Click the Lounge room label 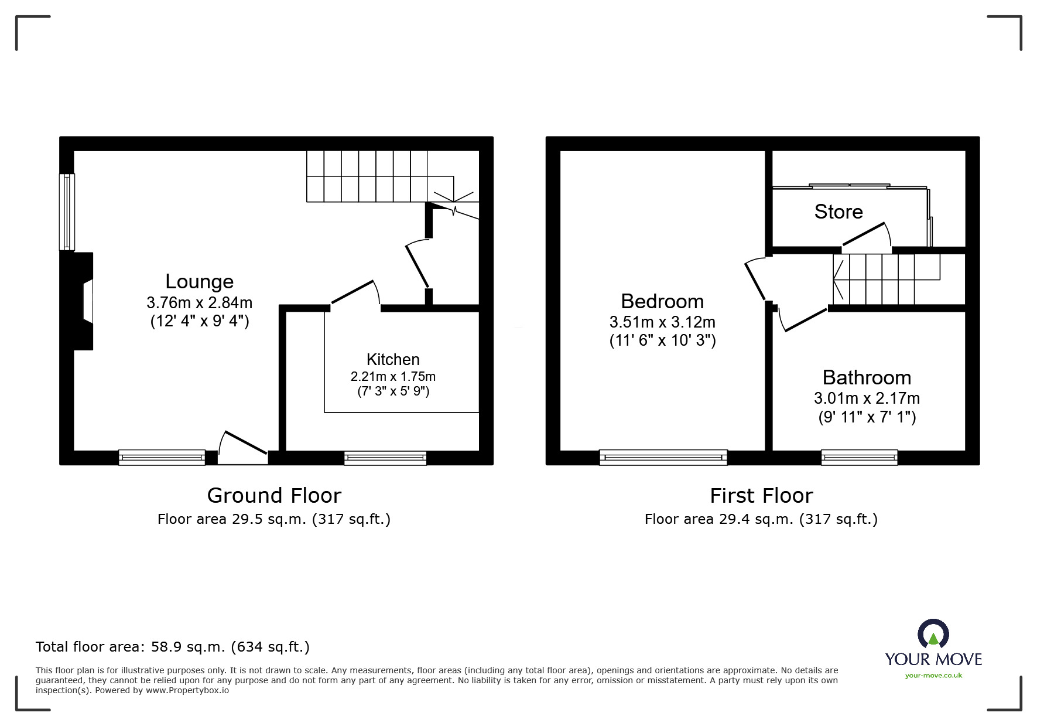click(x=199, y=282)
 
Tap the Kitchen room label click(x=393, y=359)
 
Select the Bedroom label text click(x=662, y=301)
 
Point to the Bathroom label click(x=867, y=377)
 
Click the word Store click(x=839, y=212)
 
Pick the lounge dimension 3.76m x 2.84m click(x=199, y=302)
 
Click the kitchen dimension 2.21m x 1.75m click(x=393, y=376)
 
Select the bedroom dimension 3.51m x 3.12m click(x=662, y=322)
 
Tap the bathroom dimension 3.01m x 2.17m click(x=867, y=398)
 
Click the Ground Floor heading click(x=274, y=496)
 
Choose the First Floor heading click(x=761, y=496)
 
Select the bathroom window click(x=859, y=457)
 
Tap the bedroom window click(x=663, y=457)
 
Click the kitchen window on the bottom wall click(x=385, y=458)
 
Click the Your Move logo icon click(x=933, y=635)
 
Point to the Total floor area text click(x=173, y=647)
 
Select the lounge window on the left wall click(x=68, y=212)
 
